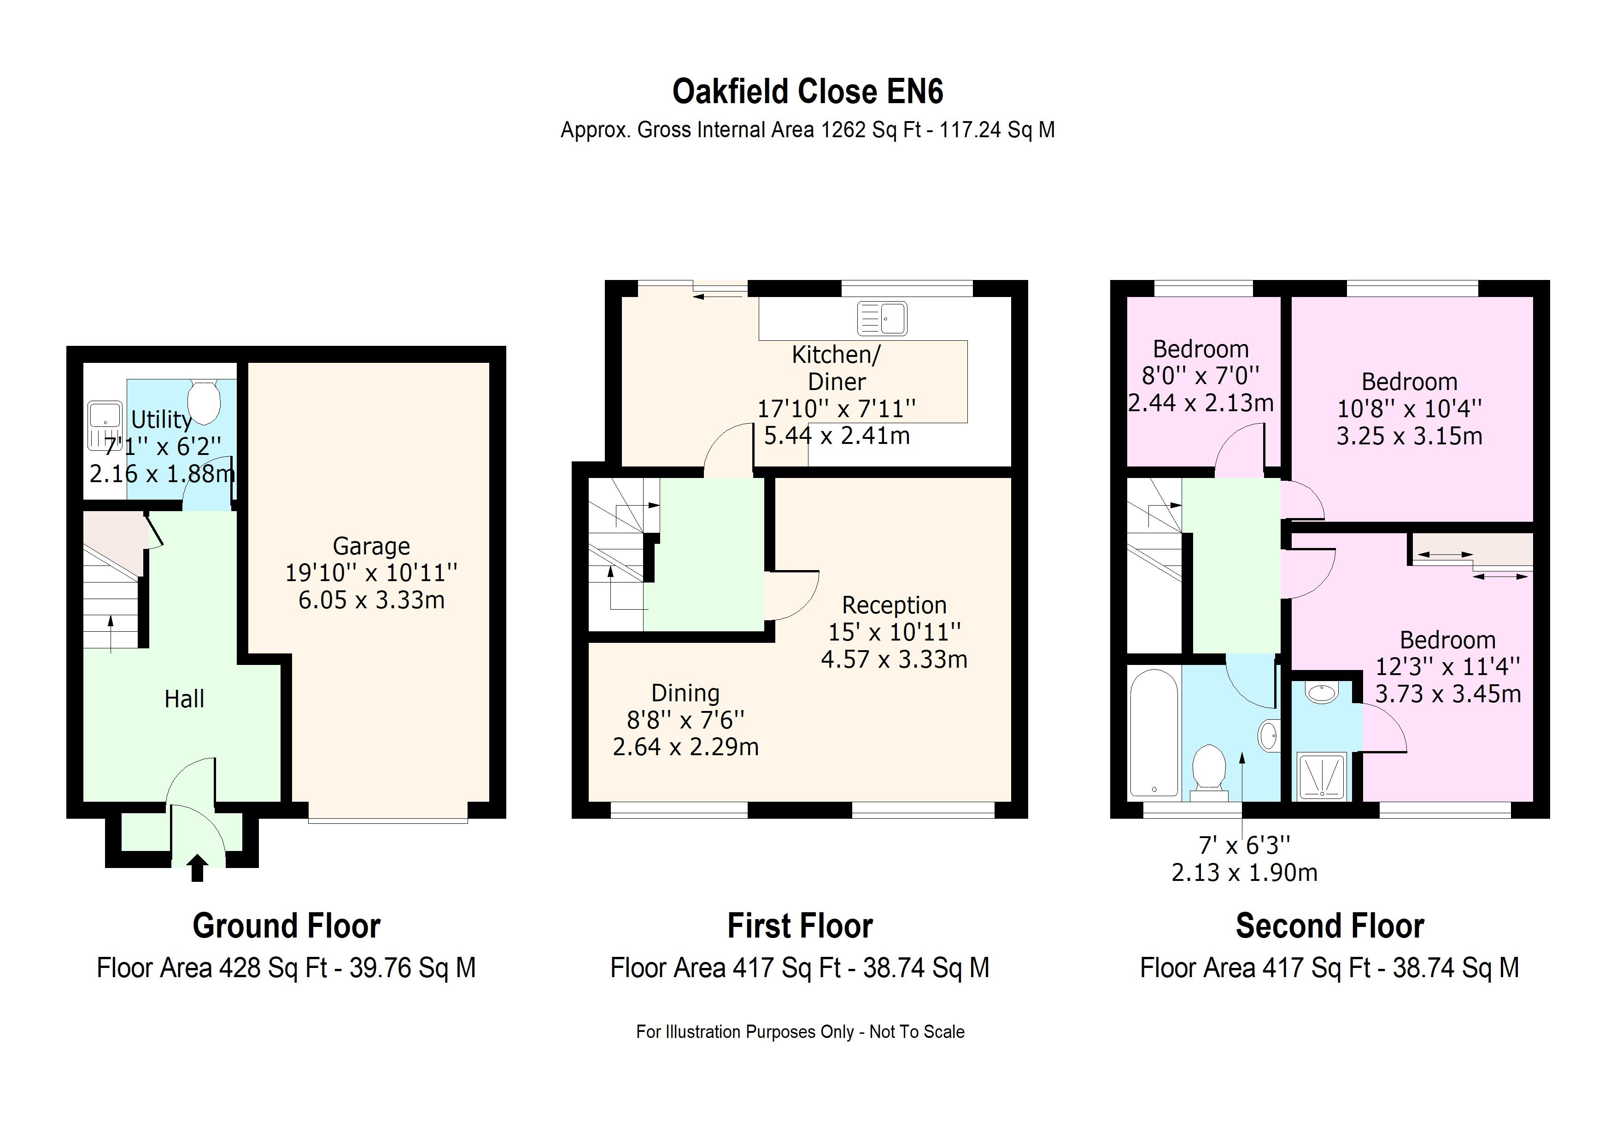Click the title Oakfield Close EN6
click(x=807, y=92)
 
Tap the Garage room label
click(x=371, y=546)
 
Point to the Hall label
click(x=184, y=699)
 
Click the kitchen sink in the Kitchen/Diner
click(x=882, y=318)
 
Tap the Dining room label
click(x=685, y=693)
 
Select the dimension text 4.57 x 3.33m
click(x=894, y=659)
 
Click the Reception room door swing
click(x=792, y=596)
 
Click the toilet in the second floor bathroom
click(x=1208, y=772)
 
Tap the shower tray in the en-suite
click(x=1321, y=775)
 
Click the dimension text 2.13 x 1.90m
click(x=1244, y=873)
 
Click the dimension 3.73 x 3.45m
click(x=1448, y=694)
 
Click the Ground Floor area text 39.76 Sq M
click(x=412, y=967)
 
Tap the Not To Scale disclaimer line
click(x=800, y=1031)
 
